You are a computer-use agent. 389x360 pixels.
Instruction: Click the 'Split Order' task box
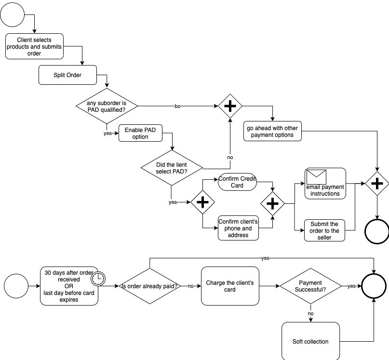(x=67, y=75)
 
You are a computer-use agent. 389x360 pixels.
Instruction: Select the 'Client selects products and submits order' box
(x=34, y=46)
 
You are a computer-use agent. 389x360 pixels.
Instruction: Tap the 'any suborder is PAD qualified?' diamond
(x=107, y=106)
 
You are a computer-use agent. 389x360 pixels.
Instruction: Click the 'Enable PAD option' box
(x=140, y=133)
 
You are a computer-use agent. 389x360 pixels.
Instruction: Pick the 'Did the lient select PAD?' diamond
(x=172, y=168)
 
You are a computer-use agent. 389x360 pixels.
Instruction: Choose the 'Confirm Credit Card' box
(x=237, y=182)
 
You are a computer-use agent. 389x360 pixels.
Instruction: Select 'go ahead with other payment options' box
(x=272, y=131)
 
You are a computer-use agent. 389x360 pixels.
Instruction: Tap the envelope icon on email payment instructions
(x=316, y=177)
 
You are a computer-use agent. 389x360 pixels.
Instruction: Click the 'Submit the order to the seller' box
(x=324, y=230)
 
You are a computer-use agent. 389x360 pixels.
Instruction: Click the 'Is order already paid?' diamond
(x=149, y=286)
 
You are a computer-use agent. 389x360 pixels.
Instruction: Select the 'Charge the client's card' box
(x=229, y=286)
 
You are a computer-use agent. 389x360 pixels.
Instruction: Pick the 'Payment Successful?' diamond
(x=310, y=286)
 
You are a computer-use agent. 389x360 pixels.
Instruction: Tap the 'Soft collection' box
(x=310, y=341)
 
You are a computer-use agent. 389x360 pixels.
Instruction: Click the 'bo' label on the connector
(x=177, y=106)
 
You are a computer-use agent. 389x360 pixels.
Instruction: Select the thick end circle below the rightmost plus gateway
(x=376, y=232)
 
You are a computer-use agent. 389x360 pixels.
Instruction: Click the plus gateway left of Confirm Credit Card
(x=202, y=202)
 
